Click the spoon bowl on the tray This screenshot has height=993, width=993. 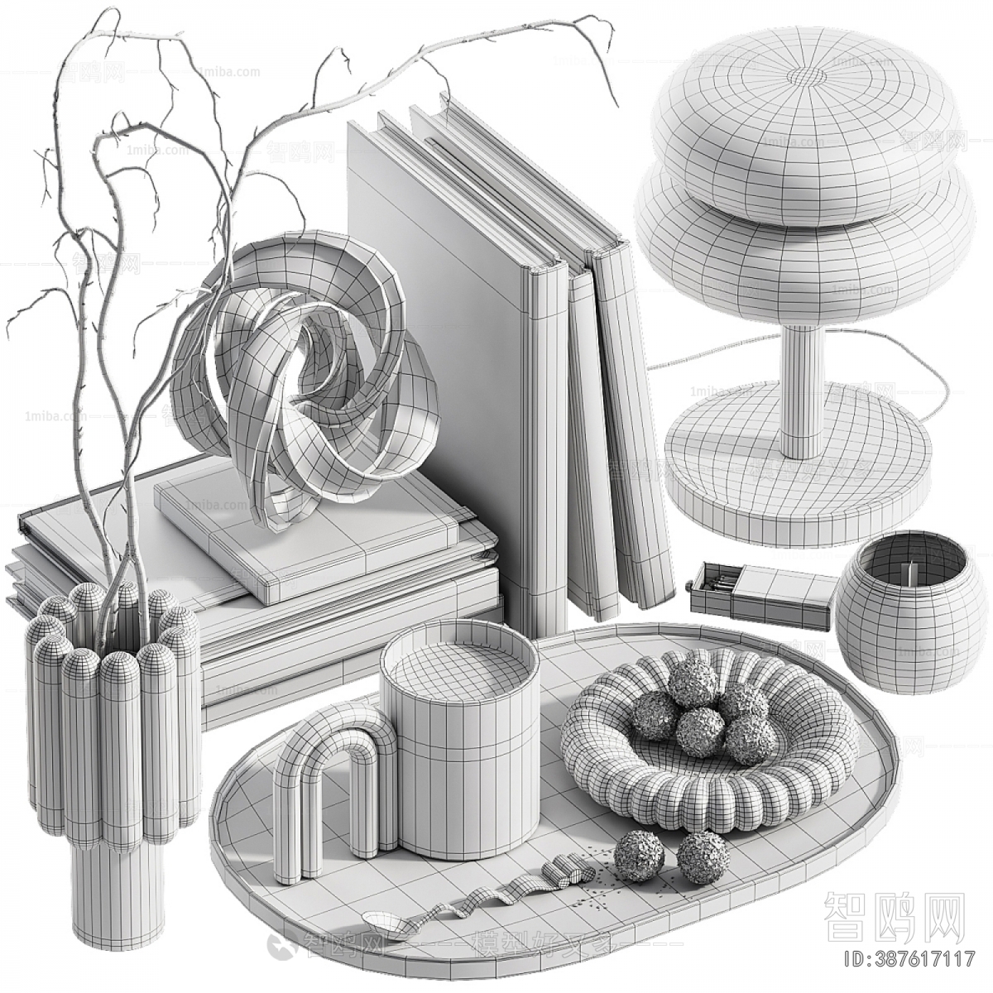click(x=383, y=919)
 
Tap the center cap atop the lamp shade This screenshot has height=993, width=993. click(x=807, y=76)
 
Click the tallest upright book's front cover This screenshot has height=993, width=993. click(x=430, y=331)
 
